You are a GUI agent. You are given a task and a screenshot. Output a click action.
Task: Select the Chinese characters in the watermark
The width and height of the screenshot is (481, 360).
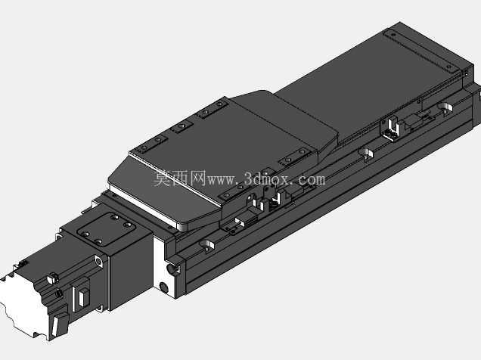pyautogui.click(x=180, y=178)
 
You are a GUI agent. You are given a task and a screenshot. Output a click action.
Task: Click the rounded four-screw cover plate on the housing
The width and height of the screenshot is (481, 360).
pyautogui.click(x=107, y=229)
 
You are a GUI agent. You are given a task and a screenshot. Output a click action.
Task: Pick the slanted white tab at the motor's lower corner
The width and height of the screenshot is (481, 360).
pyautogui.click(x=56, y=326)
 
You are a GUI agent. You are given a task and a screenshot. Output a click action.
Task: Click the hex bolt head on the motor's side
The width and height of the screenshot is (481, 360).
pyautogui.click(x=53, y=278)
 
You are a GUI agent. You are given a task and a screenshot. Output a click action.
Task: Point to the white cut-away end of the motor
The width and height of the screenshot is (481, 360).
pyautogui.click(x=21, y=306)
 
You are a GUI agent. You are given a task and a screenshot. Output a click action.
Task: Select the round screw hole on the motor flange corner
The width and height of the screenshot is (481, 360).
pyautogui.click(x=99, y=261)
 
